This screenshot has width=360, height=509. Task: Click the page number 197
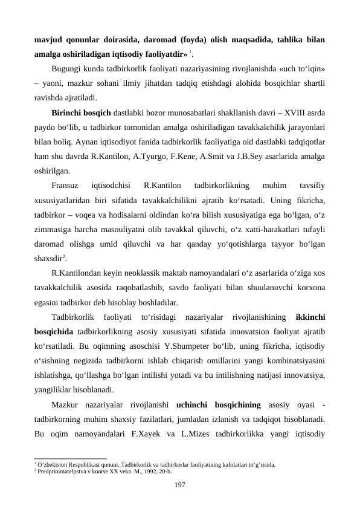179,485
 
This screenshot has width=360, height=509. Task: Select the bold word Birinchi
70,112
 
